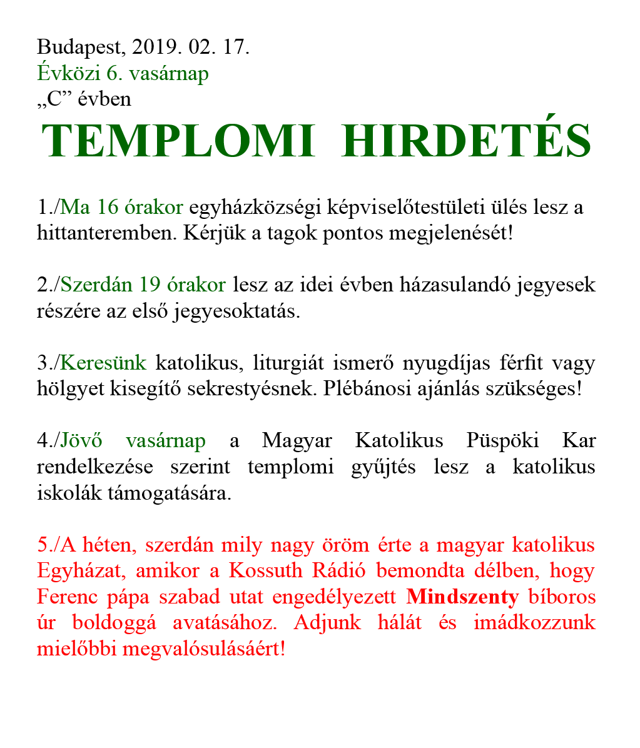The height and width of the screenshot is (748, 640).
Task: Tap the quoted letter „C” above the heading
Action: click(54, 99)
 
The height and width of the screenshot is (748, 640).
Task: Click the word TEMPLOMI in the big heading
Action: click(178, 141)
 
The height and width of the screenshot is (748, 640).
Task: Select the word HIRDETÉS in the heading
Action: click(467, 141)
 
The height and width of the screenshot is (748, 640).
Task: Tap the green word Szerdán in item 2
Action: click(97, 285)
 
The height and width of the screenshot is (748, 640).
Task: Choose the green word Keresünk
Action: click(103, 363)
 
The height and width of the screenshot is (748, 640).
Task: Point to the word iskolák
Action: click(63, 493)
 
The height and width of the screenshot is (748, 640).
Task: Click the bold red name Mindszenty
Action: click(462, 597)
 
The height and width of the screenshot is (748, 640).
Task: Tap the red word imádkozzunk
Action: click(537, 623)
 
